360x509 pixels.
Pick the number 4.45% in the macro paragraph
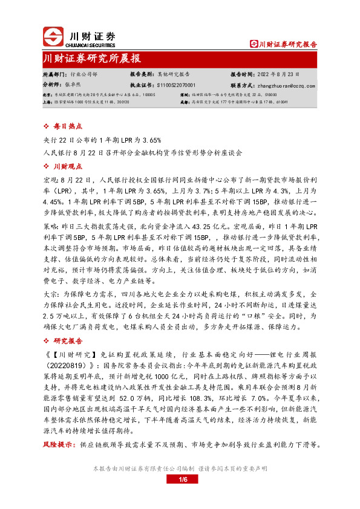(53, 201)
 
